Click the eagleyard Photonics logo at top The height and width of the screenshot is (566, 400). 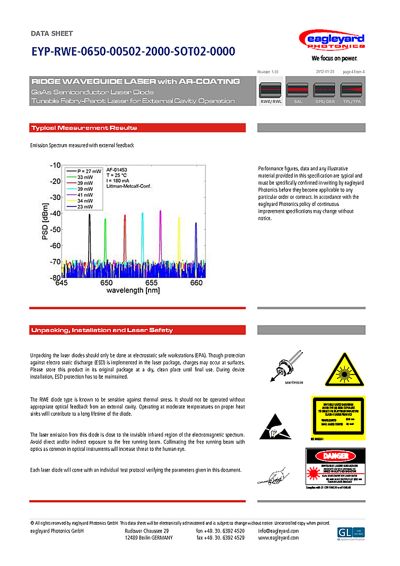(332, 41)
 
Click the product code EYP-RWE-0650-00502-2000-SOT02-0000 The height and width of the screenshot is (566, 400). (132, 52)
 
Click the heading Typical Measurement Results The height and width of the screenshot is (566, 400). (84, 128)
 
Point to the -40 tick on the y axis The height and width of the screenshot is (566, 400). (54, 213)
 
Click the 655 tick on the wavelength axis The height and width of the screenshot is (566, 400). (152, 283)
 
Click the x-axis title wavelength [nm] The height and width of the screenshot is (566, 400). (133, 291)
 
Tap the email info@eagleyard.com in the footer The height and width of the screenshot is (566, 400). (278, 531)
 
